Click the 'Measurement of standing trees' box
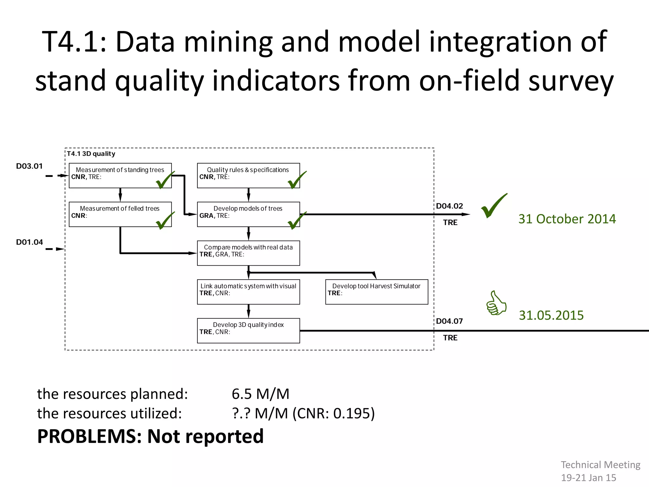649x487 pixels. coord(120,176)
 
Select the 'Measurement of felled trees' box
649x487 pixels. coord(120,214)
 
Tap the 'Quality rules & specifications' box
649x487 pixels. coord(248,176)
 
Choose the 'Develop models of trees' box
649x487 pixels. coord(248,214)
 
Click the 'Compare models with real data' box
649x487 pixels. coord(248,253)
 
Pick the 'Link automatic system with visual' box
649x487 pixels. coord(248,292)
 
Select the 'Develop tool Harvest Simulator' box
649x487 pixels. coord(376,292)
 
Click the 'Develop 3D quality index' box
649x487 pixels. coord(248,331)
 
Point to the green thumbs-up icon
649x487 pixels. coord(496,303)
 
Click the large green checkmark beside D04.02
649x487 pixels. coord(494,206)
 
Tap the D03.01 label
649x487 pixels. coord(29,166)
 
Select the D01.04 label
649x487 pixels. coord(29,242)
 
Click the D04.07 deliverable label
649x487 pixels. coord(449,321)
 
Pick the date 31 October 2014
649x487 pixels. coord(567,219)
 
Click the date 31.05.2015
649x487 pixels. coord(551,315)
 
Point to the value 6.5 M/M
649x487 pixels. coord(260,394)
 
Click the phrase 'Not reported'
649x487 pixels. coord(205,436)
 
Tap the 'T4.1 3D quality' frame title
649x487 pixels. coord(91,154)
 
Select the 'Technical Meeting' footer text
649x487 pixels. coord(601,465)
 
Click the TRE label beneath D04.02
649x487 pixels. coord(450,223)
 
